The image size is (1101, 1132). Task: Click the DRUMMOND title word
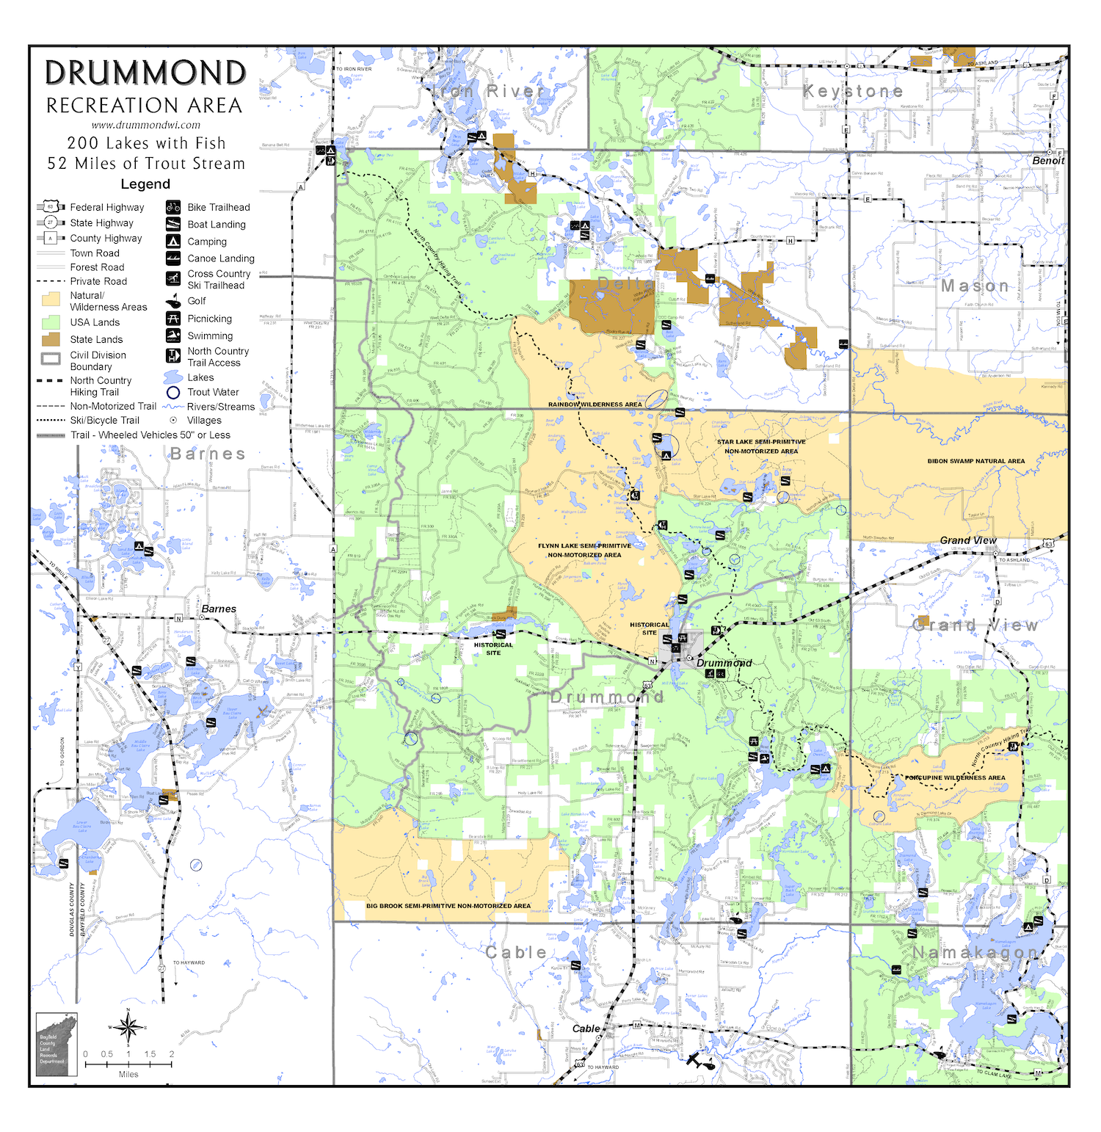click(x=145, y=73)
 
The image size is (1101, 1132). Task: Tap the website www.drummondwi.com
click(x=145, y=125)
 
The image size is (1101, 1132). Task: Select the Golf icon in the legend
click(x=173, y=301)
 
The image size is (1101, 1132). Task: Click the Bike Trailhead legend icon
click(x=173, y=207)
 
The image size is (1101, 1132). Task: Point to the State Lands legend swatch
click(x=51, y=339)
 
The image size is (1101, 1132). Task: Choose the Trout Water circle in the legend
click(x=173, y=392)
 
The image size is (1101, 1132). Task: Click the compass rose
click(x=128, y=1027)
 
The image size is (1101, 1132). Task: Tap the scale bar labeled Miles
click(x=128, y=1063)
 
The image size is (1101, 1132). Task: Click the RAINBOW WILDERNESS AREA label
click(x=595, y=404)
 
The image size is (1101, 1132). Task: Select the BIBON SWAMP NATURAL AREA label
click(x=975, y=461)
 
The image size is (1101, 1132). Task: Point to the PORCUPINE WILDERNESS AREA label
click(x=955, y=777)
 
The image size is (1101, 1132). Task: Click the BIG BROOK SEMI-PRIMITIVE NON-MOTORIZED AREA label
click(x=448, y=906)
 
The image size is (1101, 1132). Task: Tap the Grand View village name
click(x=968, y=540)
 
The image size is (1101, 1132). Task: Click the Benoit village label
click(x=1047, y=161)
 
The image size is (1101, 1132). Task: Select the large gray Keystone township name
click(x=853, y=92)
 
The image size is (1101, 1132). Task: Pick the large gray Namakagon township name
click(x=975, y=952)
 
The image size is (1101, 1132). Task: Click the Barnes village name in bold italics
click(x=219, y=609)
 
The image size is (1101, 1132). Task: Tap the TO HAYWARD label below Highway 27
click(x=189, y=962)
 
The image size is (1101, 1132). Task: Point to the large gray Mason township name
click(x=975, y=286)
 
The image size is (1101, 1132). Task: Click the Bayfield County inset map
click(x=57, y=1045)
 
